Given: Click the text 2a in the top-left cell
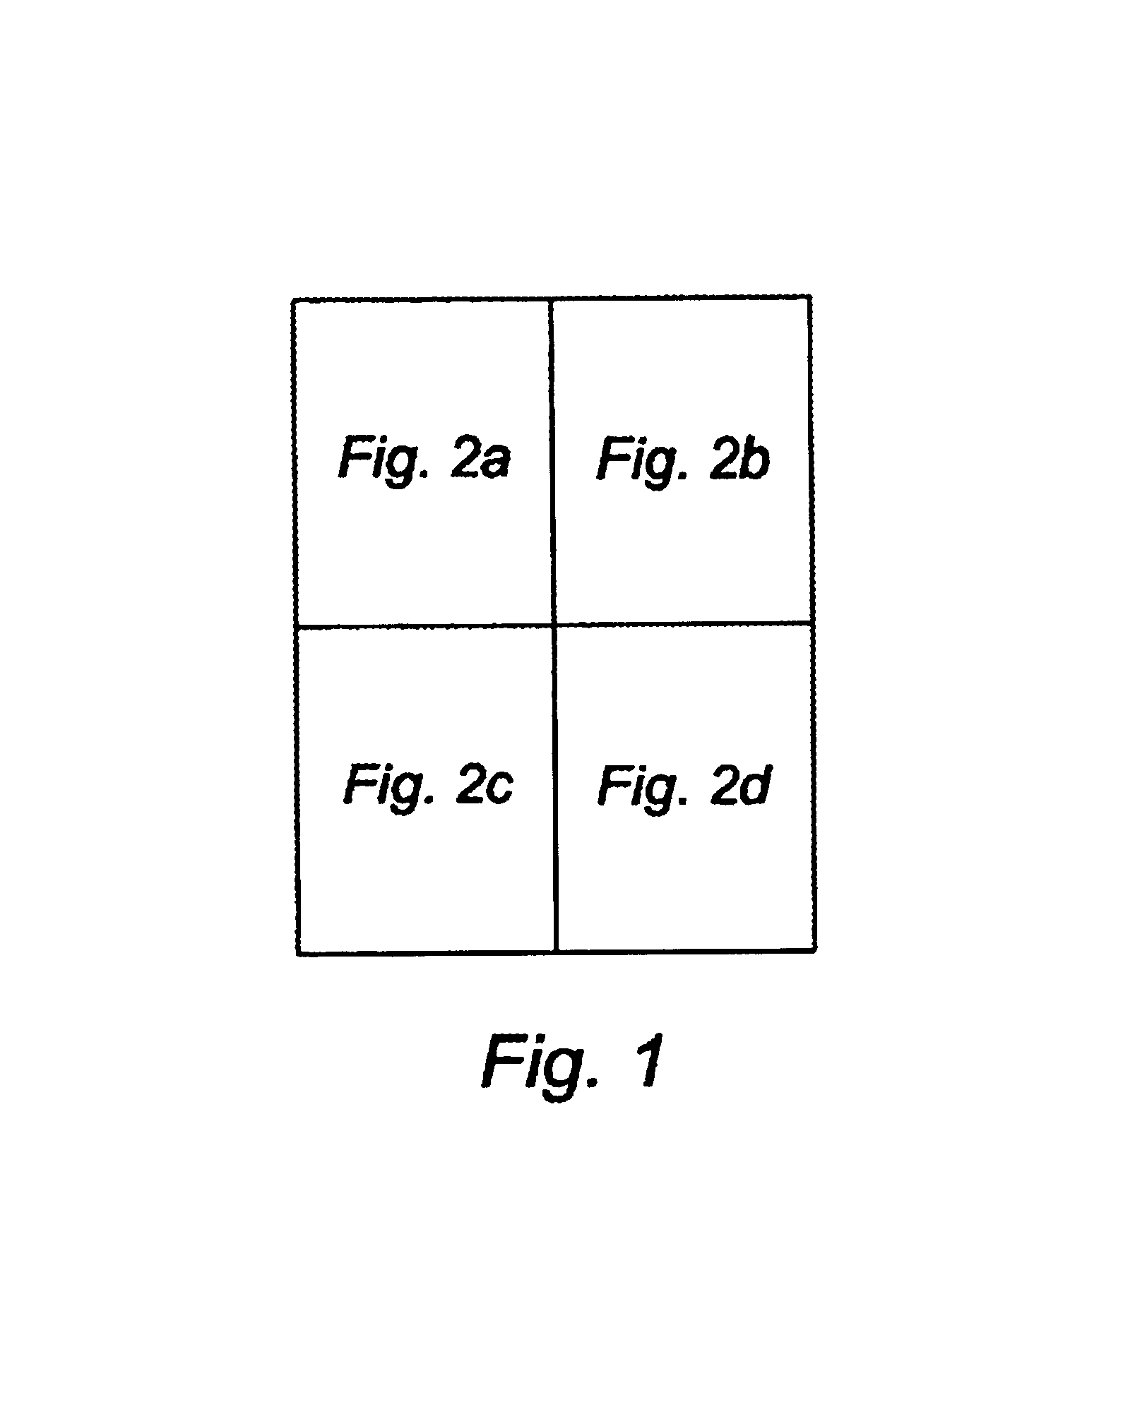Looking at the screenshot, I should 479,457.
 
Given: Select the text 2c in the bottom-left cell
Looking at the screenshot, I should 484,784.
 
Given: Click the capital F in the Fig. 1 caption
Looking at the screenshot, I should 501,1079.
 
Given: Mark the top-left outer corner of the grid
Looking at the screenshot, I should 294,301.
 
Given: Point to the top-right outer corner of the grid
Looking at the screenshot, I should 809,298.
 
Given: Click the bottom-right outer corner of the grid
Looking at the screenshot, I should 816,951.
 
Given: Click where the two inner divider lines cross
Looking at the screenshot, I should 554,625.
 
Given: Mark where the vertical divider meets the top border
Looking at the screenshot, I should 551,299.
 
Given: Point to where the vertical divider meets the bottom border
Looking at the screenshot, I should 557,952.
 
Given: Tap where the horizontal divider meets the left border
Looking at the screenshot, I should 296,625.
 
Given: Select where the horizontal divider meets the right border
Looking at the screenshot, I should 813,623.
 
